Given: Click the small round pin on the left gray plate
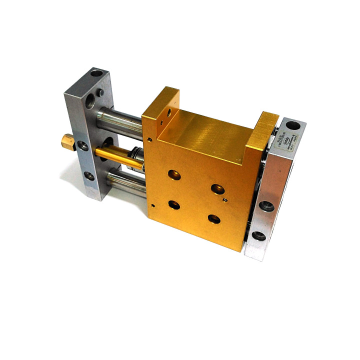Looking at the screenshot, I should (101, 92).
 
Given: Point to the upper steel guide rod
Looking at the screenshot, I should (120, 120).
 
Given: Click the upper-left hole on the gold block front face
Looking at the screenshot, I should (173, 174).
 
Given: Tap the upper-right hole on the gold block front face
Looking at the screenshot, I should (216, 188).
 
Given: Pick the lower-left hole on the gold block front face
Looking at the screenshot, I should (174, 204).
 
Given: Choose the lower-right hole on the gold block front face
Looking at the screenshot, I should (214, 218).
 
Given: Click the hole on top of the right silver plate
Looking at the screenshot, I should (294, 124).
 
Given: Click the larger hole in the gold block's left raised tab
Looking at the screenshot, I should (168, 112).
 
